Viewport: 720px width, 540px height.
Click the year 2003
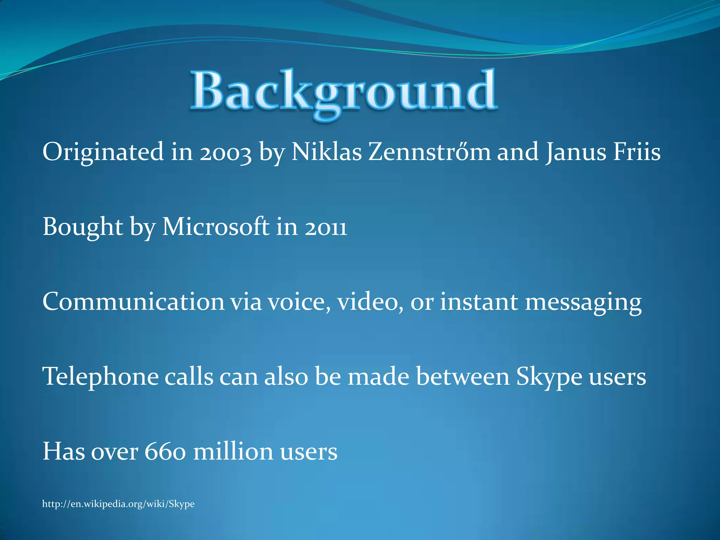pos(226,153)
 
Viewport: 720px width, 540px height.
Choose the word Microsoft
pos(216,227)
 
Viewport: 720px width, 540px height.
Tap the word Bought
pos(83,227)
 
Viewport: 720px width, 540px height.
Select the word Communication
pos(133,302)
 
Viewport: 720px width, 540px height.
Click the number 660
pos(165,451)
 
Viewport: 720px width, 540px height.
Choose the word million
pos(233,451)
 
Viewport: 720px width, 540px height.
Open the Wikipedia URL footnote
pos(118,504)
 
